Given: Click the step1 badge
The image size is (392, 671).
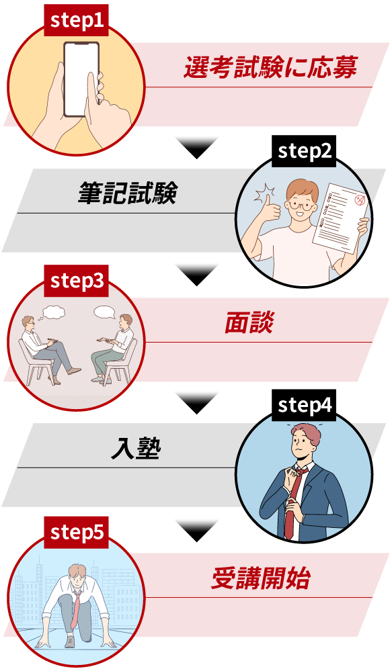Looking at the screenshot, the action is (76, 20).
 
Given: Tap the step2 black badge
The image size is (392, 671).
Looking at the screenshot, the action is (304, 151).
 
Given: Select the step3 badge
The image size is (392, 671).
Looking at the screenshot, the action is (76, 281).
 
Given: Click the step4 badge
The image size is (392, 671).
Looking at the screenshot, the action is (304, 405).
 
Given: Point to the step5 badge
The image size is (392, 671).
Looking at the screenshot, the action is (76, 533).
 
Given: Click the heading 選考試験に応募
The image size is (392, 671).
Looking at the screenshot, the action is (270, 67).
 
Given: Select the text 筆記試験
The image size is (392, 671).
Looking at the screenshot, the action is (128, 193).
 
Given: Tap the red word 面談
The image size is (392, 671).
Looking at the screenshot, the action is (249, 322).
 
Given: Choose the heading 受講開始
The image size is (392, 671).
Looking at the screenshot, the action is (260, 578).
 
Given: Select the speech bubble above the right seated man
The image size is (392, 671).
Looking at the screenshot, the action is (105, 312).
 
